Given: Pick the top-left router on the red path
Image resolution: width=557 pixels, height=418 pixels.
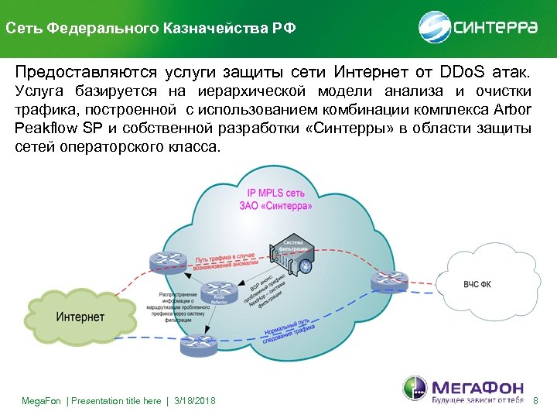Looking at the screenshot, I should tap(166, 263).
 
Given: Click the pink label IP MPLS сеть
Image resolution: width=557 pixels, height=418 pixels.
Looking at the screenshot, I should tap(275, 194).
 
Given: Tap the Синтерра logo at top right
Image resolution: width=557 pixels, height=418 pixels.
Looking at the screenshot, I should tap(480, 28).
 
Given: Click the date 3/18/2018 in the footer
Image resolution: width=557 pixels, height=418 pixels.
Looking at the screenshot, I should tap(196, 400).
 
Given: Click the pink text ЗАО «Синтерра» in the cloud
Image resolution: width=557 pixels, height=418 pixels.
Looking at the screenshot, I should tap(277, 207).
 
